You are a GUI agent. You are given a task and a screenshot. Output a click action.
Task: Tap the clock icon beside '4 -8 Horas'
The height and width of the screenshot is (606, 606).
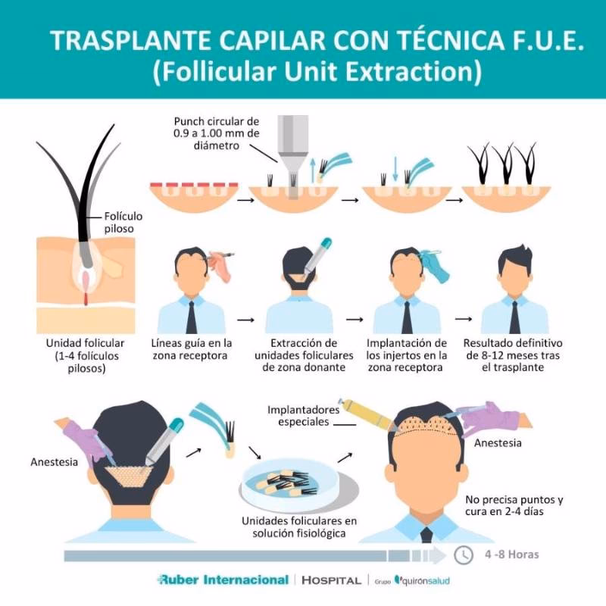464,554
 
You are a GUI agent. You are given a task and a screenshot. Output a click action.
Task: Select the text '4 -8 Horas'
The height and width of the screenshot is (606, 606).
512,554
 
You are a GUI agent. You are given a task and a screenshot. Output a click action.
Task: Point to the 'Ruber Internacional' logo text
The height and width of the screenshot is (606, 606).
223,579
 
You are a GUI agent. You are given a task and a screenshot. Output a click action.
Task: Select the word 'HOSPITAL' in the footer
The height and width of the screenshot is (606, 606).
331,580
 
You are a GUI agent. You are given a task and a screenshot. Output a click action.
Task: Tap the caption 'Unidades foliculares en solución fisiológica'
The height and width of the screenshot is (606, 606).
298,527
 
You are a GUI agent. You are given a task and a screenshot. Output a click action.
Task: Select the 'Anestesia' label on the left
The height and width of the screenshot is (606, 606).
55,461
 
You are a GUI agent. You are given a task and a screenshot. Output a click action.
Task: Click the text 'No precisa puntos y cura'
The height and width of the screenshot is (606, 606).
515,505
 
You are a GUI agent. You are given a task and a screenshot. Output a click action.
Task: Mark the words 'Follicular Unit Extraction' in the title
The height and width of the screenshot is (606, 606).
317,73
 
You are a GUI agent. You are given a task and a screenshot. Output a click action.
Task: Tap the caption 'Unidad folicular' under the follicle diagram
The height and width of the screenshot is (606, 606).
80,355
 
